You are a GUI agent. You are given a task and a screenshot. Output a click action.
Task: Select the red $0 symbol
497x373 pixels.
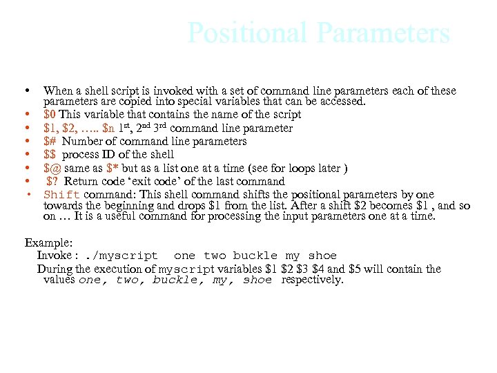(x=50, y=115)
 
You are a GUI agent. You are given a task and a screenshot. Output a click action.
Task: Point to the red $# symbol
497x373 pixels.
(x=50, y=142)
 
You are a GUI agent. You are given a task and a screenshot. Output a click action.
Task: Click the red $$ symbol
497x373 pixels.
(x=50, y=155)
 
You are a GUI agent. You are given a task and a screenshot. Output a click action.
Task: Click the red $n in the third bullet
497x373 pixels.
(x=108, y=128)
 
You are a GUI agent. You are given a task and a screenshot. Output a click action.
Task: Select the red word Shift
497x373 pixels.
(x=62, y=195)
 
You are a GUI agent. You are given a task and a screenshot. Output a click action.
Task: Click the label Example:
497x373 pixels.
(x=48, y=243)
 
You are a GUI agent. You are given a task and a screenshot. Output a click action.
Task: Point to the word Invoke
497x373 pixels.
(x=53, y=256)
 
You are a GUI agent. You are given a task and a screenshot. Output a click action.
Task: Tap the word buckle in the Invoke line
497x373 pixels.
(x=255, y=256)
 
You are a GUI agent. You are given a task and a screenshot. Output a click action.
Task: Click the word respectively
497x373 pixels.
(x=312, y=280)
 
